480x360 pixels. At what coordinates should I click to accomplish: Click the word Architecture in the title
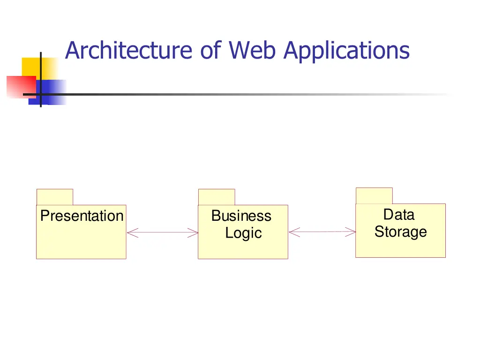click(128, 51)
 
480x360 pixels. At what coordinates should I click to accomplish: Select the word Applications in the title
click(346, 51)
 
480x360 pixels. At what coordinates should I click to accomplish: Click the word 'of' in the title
click(210, 50)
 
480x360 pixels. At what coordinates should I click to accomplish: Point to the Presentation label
click(82, 216)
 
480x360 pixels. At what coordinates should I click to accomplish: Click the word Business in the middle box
click(241, 216)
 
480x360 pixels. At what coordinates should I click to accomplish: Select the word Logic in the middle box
click(243, 233)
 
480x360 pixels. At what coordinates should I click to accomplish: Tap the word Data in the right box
click(399, 214)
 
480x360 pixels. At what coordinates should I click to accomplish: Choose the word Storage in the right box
click(400, 232)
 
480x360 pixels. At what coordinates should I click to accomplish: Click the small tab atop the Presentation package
click(55, 197)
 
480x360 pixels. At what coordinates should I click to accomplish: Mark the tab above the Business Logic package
click(217, 197)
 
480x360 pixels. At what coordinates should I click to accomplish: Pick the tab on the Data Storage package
click(374, 195)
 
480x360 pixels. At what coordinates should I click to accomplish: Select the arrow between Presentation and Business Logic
click(163, 232)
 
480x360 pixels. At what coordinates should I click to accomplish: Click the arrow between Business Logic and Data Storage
click(322, 232)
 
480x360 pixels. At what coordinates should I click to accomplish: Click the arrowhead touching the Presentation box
click(132, 232)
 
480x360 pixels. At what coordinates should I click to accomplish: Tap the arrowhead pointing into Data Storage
click(351, 232)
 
